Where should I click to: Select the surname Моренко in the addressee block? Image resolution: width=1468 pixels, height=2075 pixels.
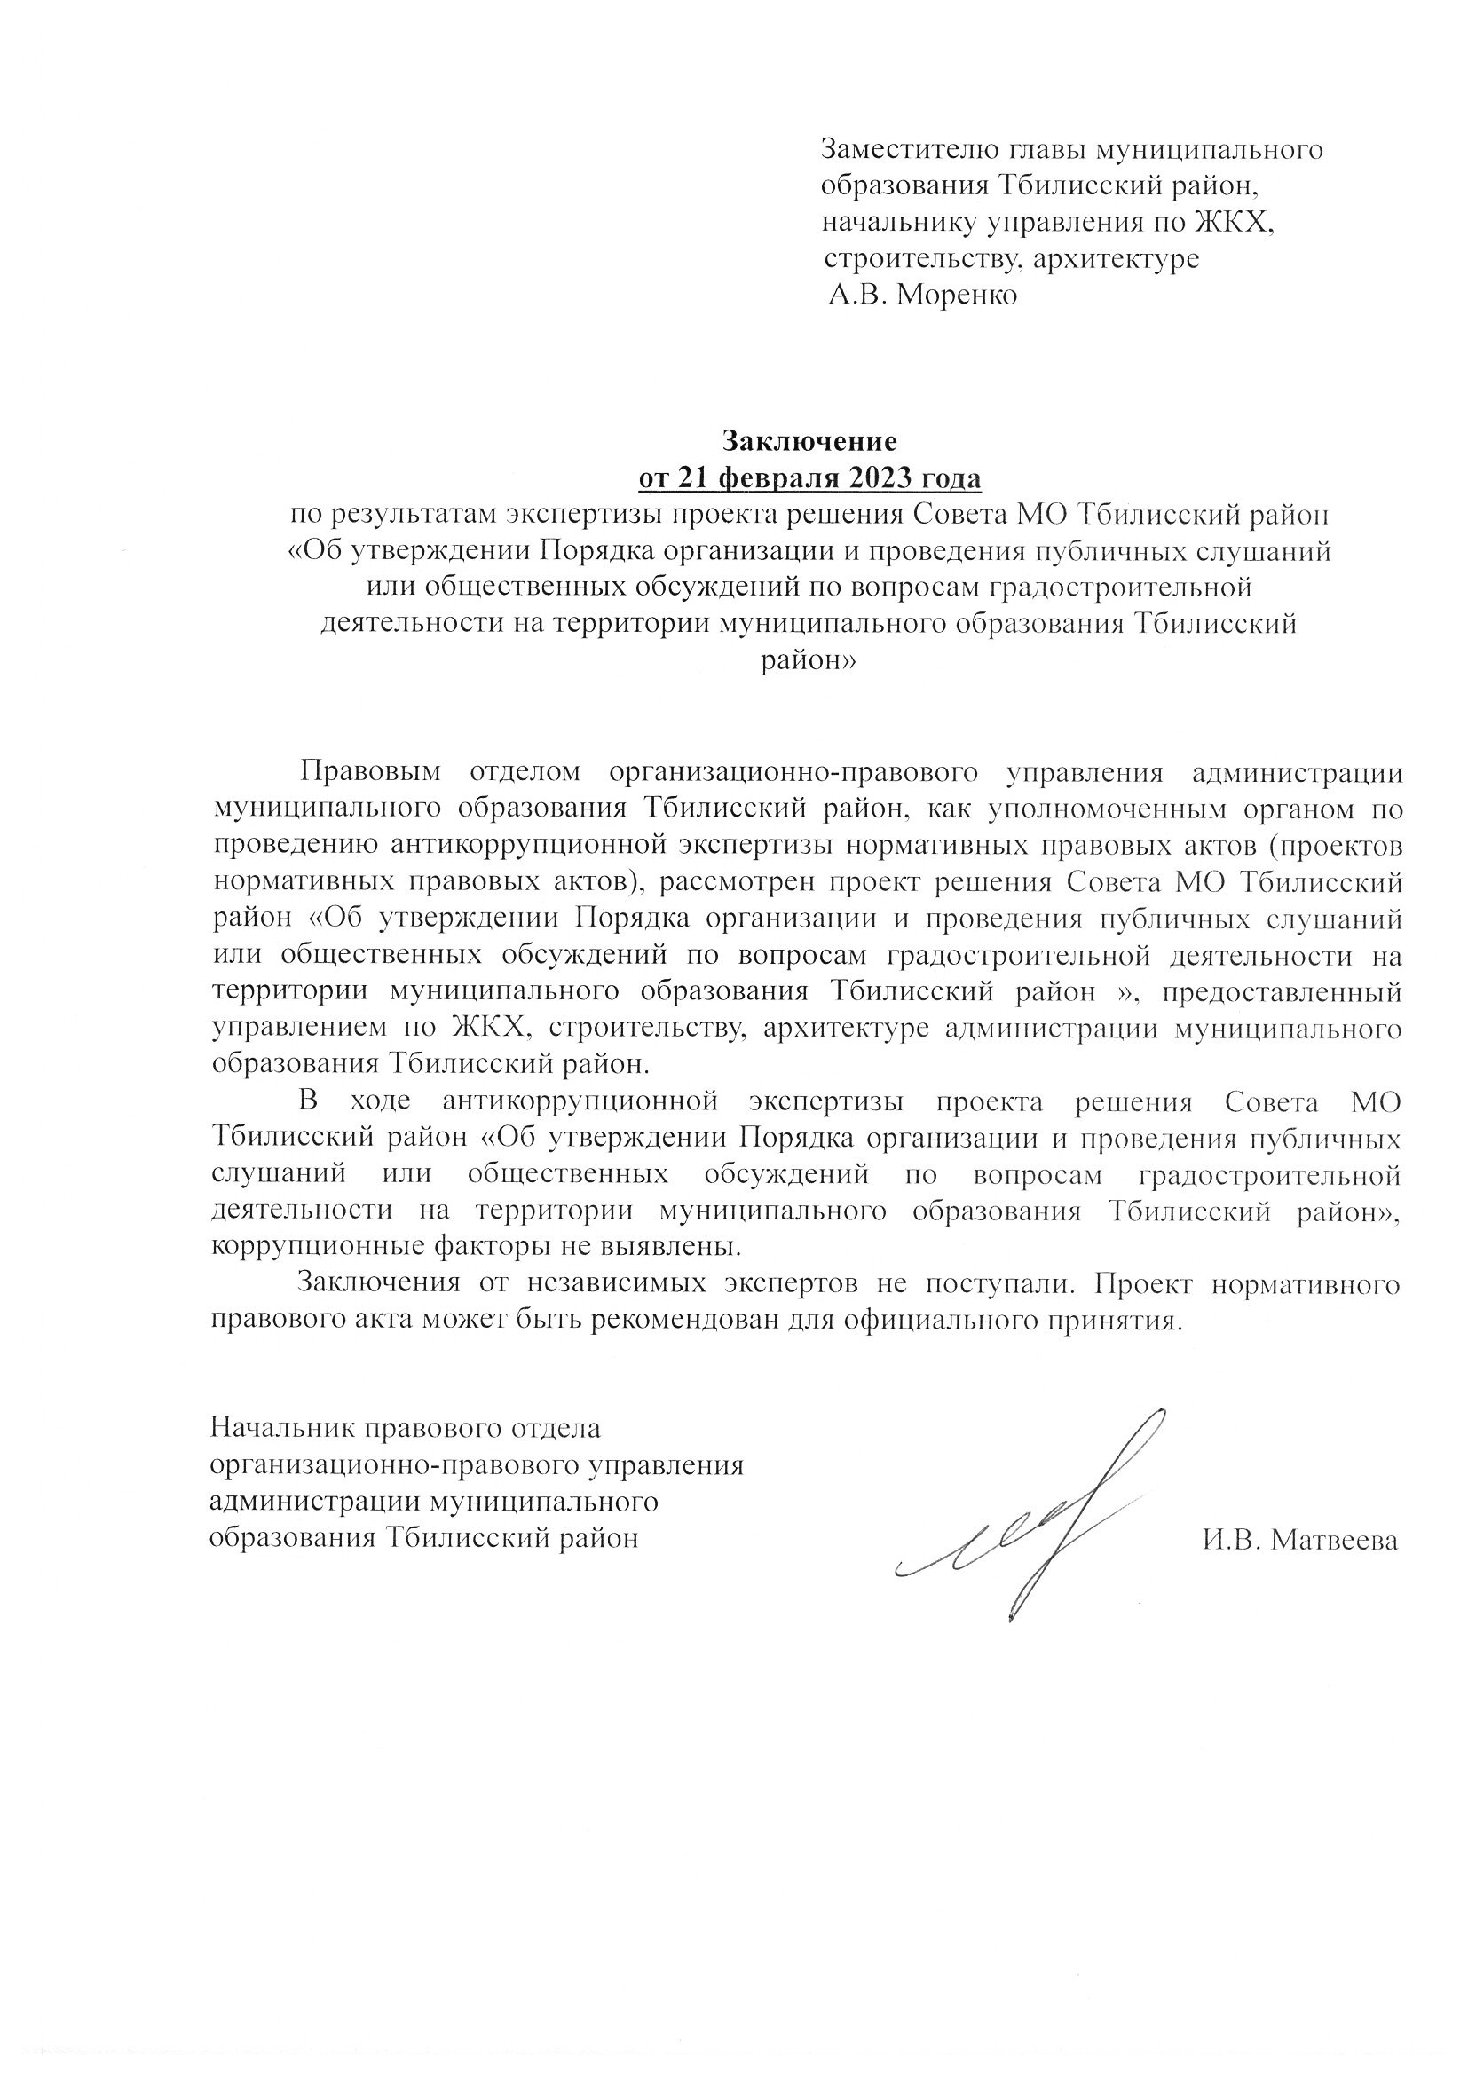pos(957,296)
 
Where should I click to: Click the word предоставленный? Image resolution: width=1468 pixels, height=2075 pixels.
pos(1283,992)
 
